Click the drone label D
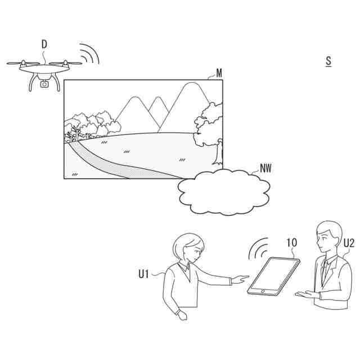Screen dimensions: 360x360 click(44, 43)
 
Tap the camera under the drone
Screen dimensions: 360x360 click(44, 84)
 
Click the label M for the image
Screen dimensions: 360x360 click(219, 73)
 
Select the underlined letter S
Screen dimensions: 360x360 click(328, 61)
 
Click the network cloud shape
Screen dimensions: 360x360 click(224, 192)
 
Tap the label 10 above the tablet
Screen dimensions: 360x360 click(291, 243)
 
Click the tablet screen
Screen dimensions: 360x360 click(274, 277)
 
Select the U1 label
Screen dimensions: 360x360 click(144, 274)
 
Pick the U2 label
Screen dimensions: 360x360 click(349, 243)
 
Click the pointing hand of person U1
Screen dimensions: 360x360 click(240, 278)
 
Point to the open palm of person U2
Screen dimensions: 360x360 click(304, 294)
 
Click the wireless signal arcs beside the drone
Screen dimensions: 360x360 click(89, 53)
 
